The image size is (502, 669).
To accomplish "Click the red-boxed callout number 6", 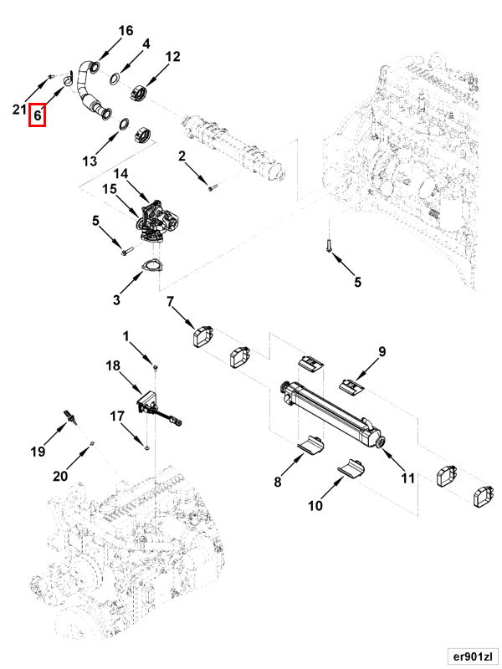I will click(x=38, y=115).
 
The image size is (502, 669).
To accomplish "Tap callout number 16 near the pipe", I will click(x=125, y=31).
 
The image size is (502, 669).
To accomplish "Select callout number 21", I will click(x=19, y=110).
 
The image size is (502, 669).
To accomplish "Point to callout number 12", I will click(x=172, y=57).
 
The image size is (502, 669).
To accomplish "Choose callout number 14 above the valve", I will click(x=120, y=173).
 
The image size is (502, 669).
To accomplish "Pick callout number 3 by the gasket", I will click(x=117, y=299).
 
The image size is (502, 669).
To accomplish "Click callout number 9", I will click(x=382, y=351).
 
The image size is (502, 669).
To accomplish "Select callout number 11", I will click(x=407, y=478).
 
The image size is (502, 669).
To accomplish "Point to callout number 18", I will click(x=113, y=365).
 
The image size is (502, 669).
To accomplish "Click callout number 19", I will click(x=38, y=452).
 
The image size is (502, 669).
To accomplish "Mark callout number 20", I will click(x=59, y=477).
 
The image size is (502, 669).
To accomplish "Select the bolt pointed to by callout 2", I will click(x=213, y=186).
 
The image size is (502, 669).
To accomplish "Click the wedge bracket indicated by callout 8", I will click(x=312, y=444).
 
